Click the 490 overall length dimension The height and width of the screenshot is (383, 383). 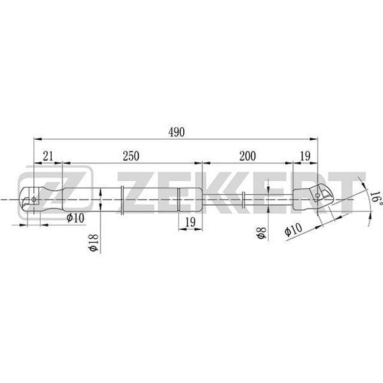point(176,132)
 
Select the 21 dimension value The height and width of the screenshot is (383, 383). point(48,156)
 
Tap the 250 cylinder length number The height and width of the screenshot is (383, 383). point(131,156)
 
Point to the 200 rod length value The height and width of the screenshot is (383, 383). point(248,156)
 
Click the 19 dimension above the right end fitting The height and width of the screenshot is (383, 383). point(305,156)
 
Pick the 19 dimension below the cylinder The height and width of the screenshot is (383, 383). point(190,222)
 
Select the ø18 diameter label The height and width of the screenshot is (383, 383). point(94,243)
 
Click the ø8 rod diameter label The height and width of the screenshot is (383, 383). point(261,233)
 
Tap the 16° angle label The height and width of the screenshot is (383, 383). point(376,199)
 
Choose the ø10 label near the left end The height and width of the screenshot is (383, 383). point(75,218)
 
